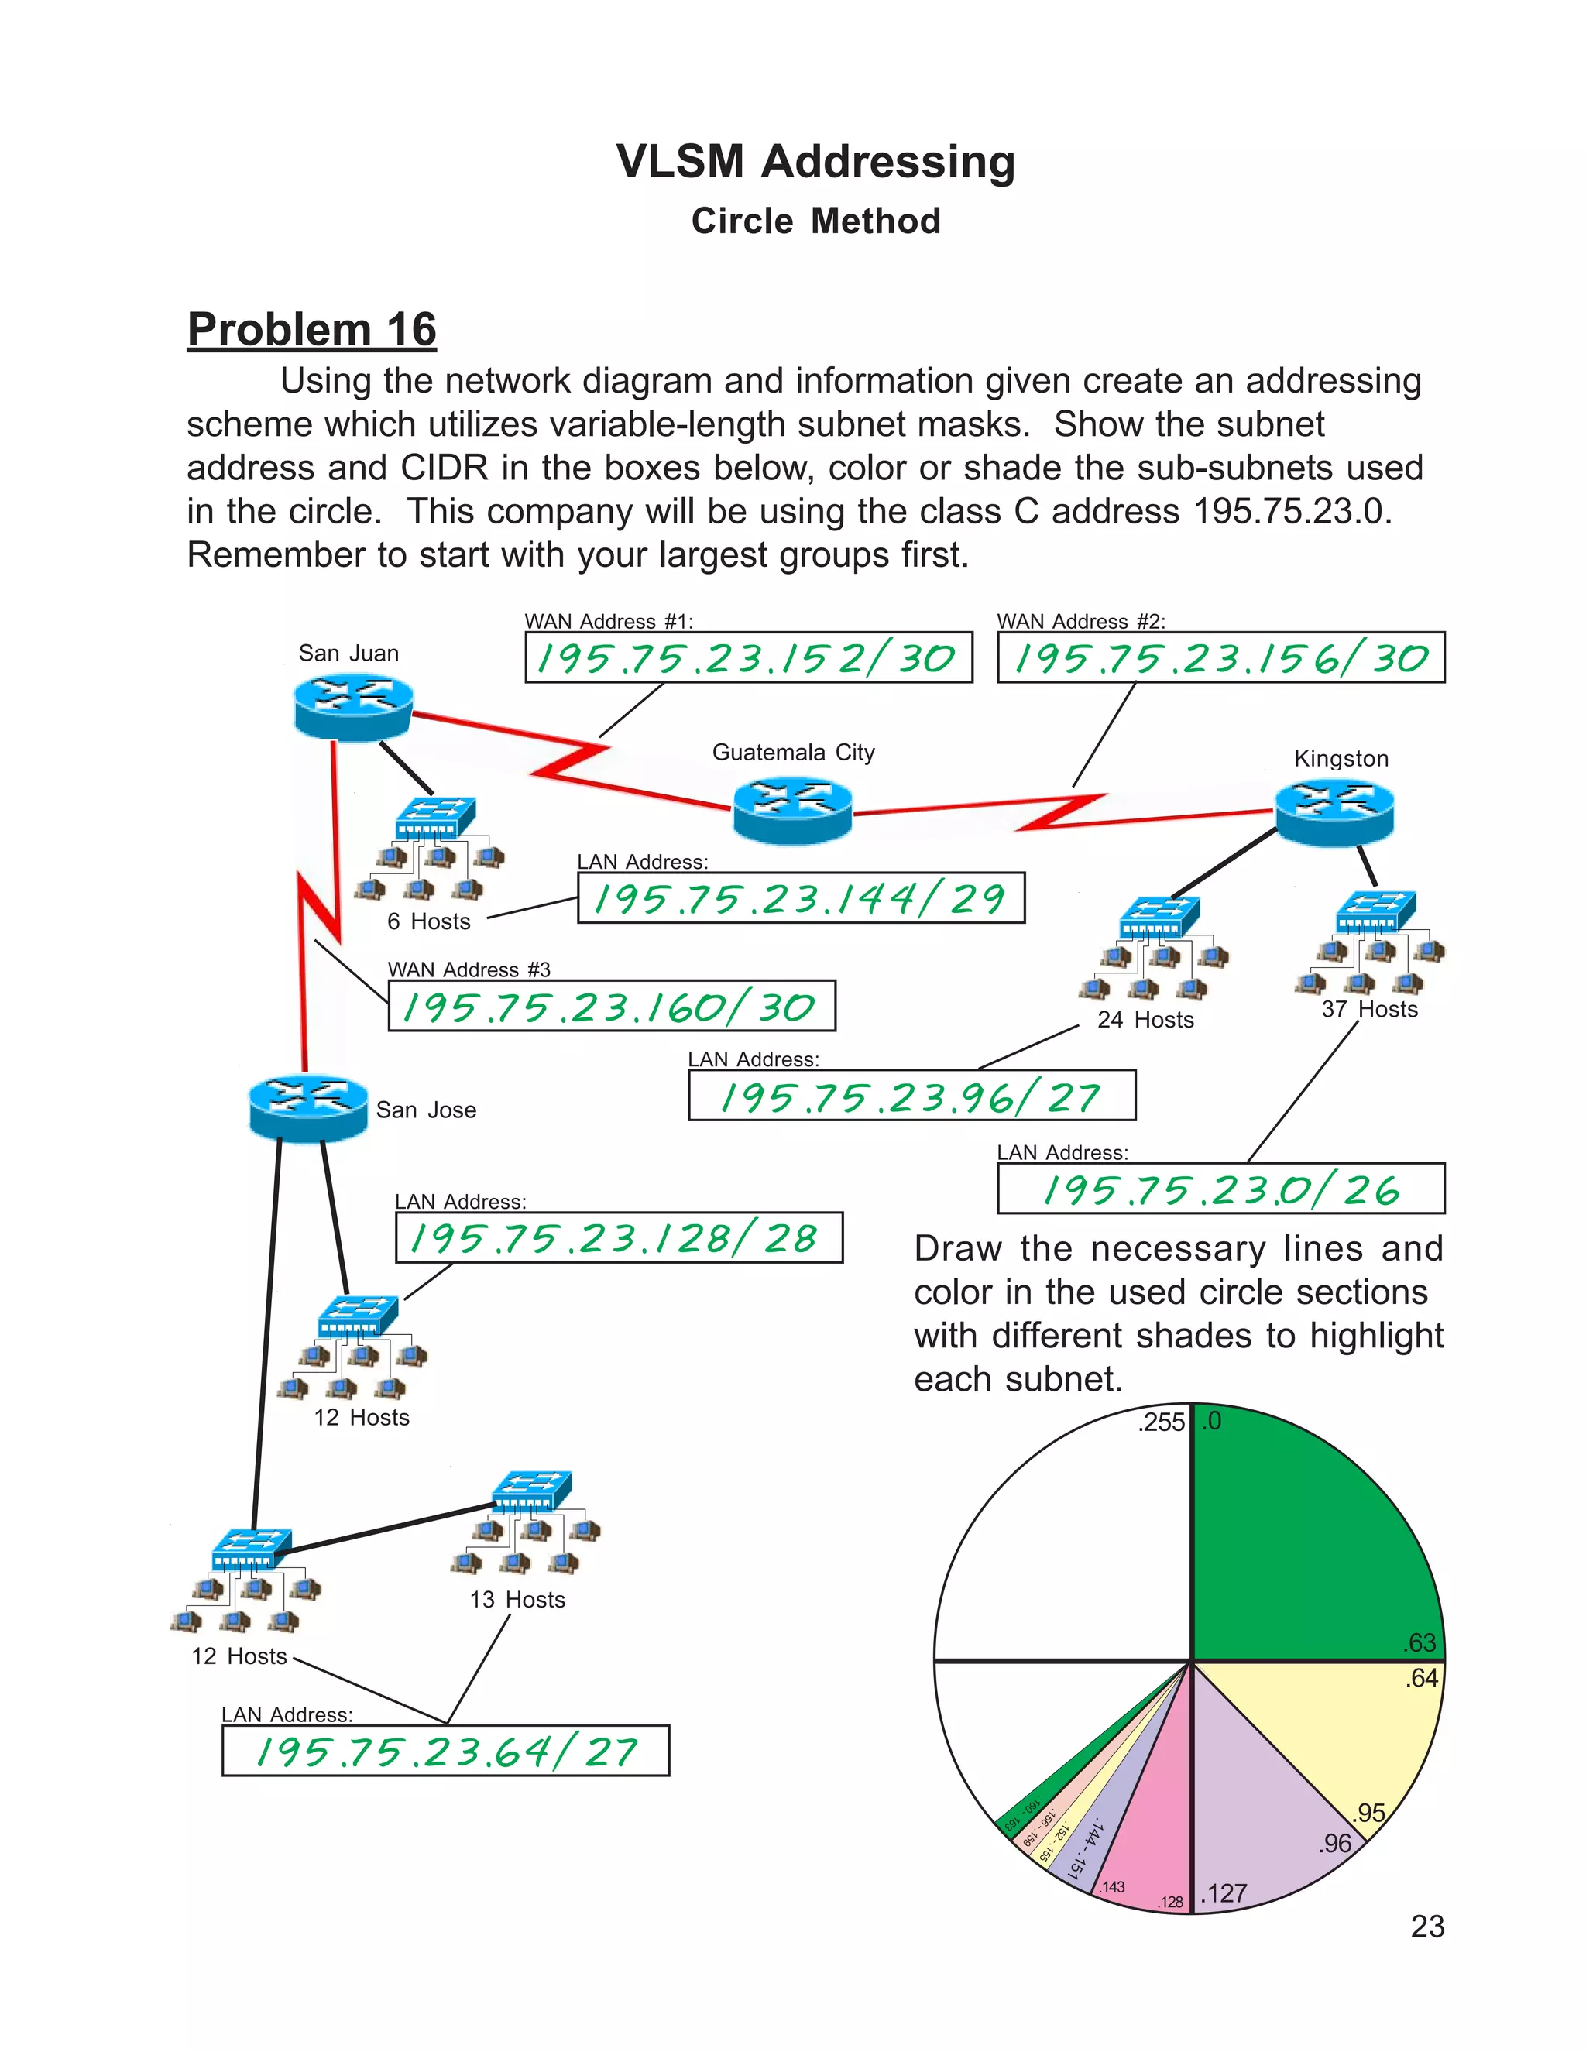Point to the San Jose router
pos(308,1108)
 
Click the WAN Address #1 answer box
pos(748,657)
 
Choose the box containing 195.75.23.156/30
pos(1220,657)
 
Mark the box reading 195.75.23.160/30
pos(612,1007)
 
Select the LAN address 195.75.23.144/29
pos(801,898)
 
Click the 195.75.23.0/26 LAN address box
pos(1220,1189)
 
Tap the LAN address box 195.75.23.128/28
pos(620,1237)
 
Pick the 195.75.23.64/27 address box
pos(445,1752)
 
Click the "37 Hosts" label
pos(1369,1010)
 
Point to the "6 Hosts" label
pos(428,921)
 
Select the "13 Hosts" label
pos(518,1600)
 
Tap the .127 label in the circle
pos(1224,1893)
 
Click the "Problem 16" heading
pos(312,330)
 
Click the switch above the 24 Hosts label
pos(1159,916)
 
